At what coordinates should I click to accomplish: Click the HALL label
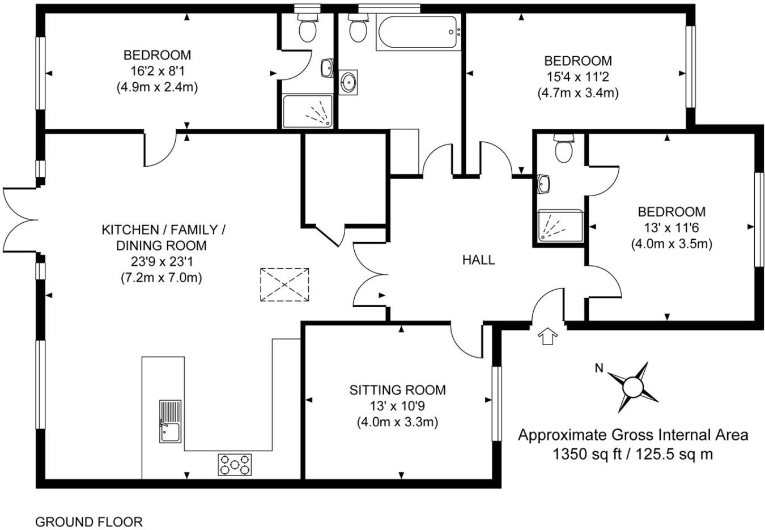(479, 260)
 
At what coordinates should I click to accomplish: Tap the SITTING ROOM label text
(397, 390)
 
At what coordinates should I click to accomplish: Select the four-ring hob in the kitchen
(235, 464)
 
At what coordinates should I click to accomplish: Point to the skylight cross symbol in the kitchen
(284, 285)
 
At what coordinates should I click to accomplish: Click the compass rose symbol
(632, 387)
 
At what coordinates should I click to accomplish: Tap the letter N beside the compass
(598, 368)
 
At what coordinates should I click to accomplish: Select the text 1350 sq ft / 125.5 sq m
(633, 454)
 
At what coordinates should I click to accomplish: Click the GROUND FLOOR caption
(89, 521)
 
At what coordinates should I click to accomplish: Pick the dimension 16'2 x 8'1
(157, 71)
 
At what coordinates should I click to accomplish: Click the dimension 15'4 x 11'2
(577, 77)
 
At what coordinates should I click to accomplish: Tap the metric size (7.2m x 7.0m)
(161, 278)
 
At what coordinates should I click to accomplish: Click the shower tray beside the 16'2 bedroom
(308, 111)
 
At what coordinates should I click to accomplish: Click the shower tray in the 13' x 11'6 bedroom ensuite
(559, 226)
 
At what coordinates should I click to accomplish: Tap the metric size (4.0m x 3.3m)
(397, 422)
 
